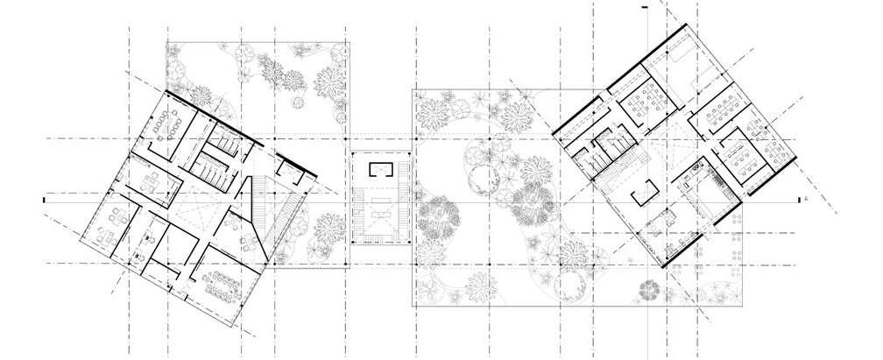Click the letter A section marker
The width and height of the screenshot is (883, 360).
[x=805, y=200]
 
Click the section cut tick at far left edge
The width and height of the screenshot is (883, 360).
[x=44, y=201]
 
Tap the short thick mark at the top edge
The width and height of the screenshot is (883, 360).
[x=645, y=7]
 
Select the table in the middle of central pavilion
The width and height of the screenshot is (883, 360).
[x=380, y=211]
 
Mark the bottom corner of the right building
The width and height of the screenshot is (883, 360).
[x=668, y=266]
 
